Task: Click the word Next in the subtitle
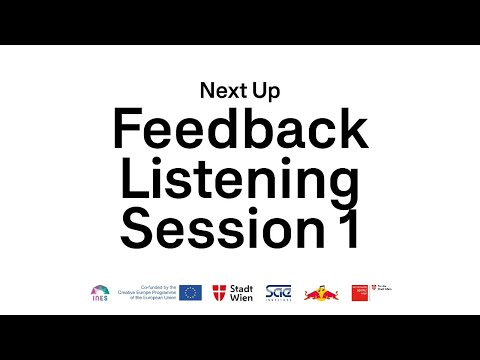point(219,91)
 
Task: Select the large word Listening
point(240,183)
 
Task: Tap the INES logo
point(99,293)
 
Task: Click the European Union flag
point(191,293)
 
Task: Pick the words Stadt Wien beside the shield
point(241,293)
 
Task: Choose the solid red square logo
point(360,293)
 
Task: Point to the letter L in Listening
point(130,183)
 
